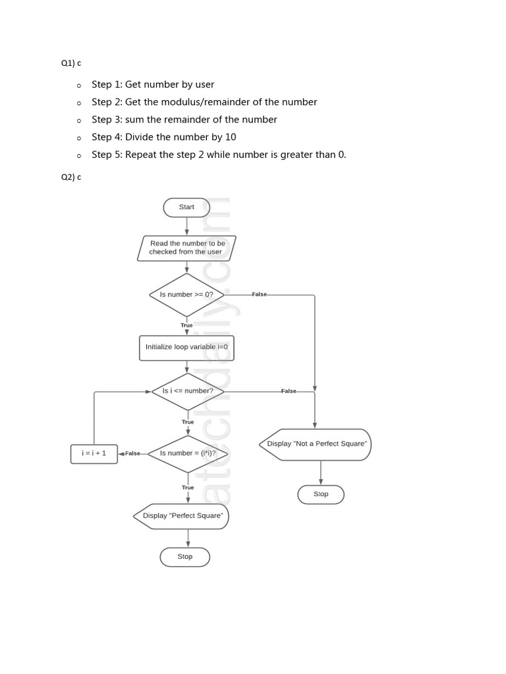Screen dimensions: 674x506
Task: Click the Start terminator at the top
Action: coord(186,207)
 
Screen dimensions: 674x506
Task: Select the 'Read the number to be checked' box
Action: coord(186,248)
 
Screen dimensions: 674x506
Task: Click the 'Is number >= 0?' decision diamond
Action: coord(186,295)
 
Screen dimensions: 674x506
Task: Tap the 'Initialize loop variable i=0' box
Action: coord(186,348)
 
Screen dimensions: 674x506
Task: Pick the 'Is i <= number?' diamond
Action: coord(188,391)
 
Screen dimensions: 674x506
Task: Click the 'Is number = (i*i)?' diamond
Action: coord(188,454)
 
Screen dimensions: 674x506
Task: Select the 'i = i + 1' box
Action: coord(94,454)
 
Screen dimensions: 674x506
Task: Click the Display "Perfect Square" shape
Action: coord(182,516)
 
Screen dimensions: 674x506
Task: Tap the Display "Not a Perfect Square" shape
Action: coord(316,444)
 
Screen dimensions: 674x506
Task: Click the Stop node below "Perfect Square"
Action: coord(185,557)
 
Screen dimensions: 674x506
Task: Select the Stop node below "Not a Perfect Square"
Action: coord(321,494)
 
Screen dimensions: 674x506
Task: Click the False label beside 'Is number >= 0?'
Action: coord(259,295)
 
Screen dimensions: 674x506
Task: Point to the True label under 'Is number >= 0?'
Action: coord(186,325)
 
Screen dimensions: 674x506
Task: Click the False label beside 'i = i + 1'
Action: coord(132,454)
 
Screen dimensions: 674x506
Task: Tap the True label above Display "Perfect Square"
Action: coord(188,488)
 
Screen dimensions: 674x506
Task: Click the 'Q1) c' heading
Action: coord(71,63)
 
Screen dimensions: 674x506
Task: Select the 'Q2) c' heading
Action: coord(71,177)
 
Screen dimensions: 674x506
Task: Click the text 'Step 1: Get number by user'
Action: coord(153,84)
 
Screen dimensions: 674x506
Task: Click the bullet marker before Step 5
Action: coord(78,156)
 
